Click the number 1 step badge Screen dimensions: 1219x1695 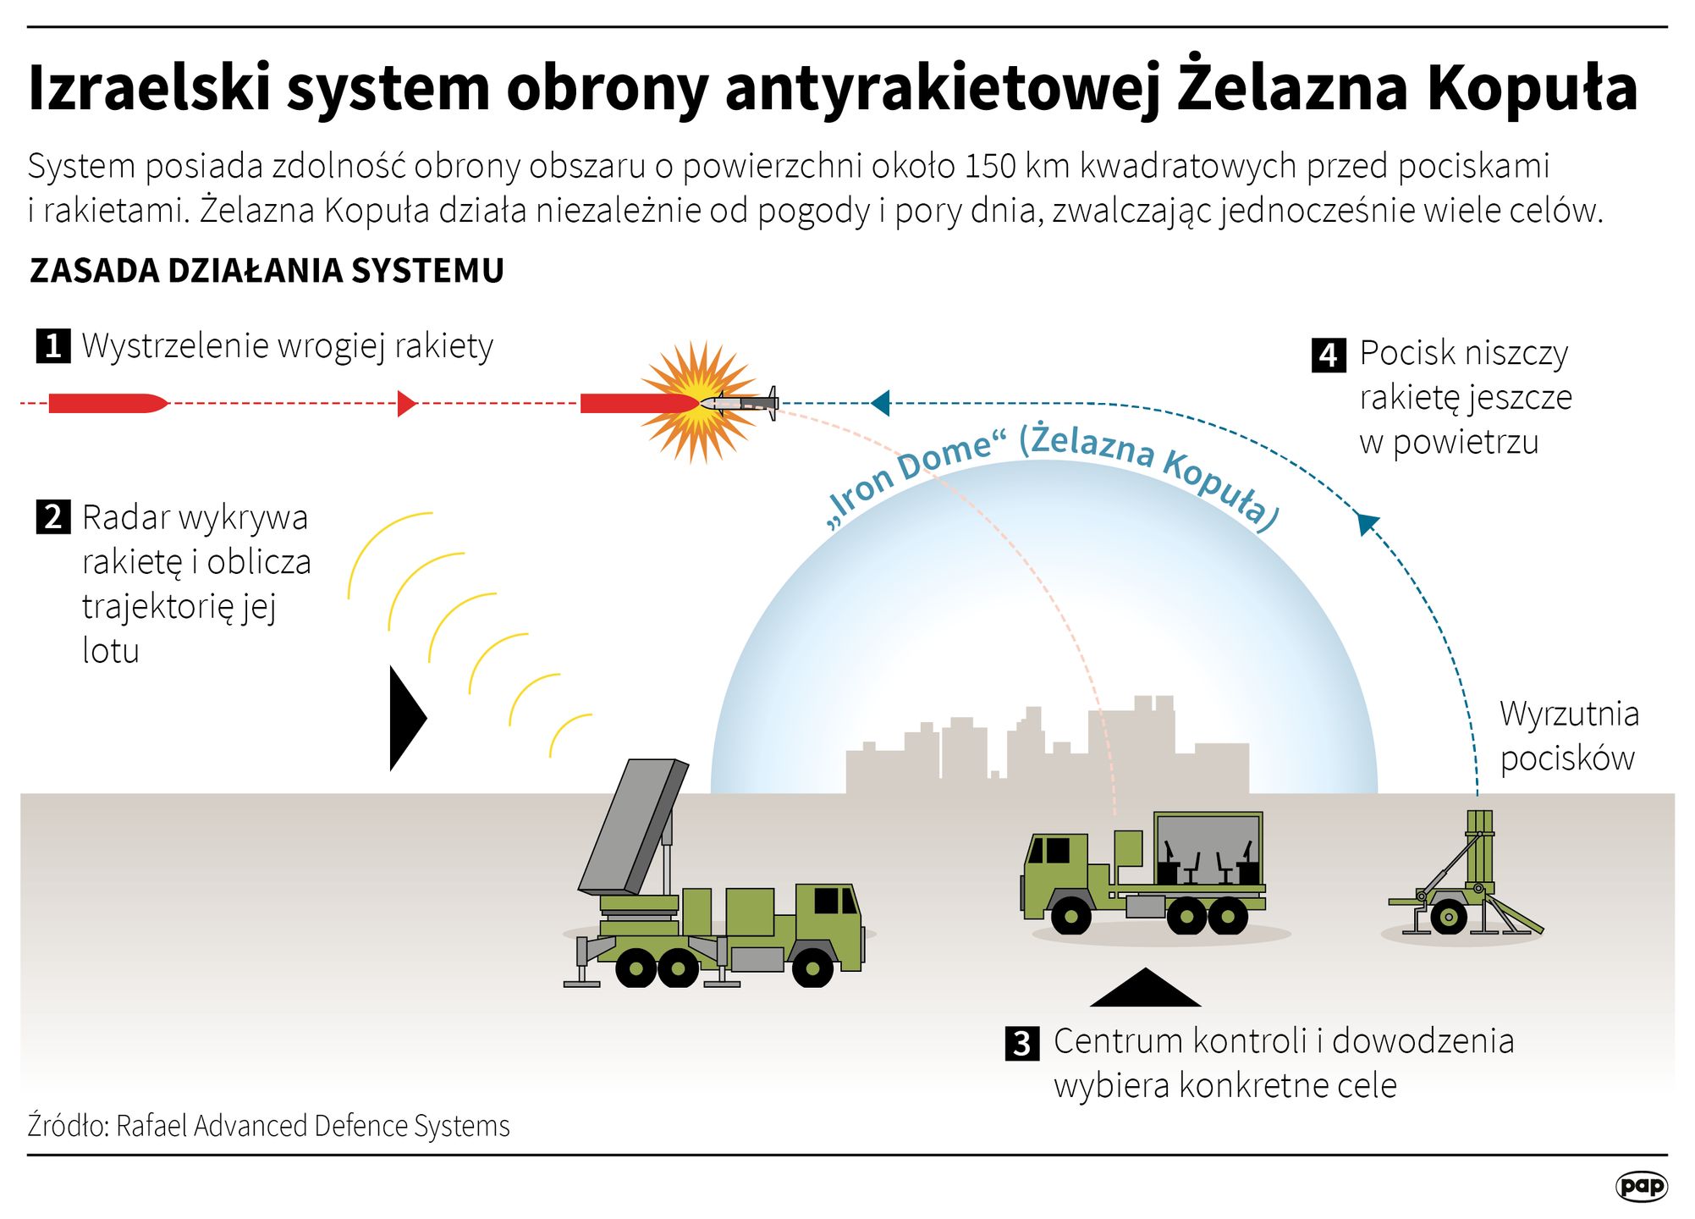click(x=53, y=346)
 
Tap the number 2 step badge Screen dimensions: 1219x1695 click(x=53, y=516)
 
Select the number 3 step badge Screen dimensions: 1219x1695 click(x=1022, y=1044)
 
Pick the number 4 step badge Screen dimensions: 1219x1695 click(x=1329, y=356)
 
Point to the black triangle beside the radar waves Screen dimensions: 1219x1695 click(x=406, y=718)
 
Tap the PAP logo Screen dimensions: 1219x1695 click(x=1641, y=1186)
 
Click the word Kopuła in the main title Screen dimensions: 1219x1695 click(x=1533, y=88)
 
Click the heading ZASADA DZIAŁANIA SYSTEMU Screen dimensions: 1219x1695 click(x=267, y=271)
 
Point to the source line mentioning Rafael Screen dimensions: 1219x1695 click(x=268, y=1126)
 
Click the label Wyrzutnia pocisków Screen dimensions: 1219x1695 click(x=1568, y=736)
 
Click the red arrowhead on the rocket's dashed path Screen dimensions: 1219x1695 click(x=406, y=404)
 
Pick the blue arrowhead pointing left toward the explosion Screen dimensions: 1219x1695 click(x=880, y=403)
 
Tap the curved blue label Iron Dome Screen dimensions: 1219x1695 click(x=910, y=478)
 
